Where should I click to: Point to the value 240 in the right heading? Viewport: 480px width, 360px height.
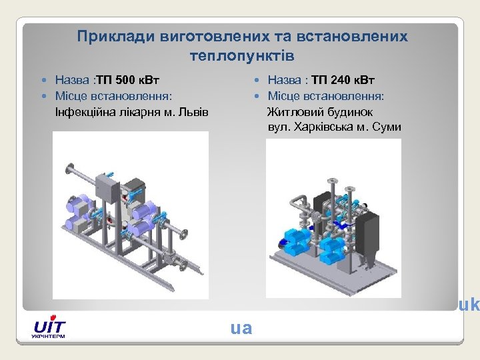click(339, 81)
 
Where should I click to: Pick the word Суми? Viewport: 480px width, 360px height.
click(387, 127)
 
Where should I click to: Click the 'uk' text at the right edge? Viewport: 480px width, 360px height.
click(469, 305)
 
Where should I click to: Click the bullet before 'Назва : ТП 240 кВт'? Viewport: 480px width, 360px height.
click(257, 81)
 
